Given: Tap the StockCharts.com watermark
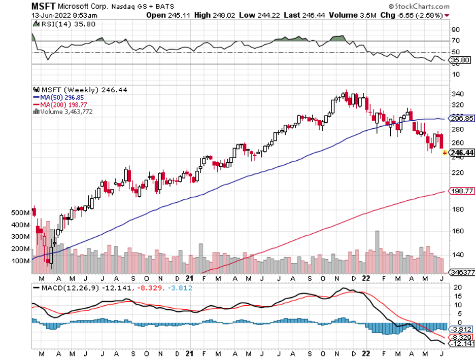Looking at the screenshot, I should (x=420, y=7).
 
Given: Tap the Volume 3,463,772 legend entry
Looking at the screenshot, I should (x=65, y=112).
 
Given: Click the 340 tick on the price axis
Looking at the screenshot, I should (x=458, y=94).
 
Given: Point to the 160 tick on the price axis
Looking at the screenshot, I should (x=458, y=231).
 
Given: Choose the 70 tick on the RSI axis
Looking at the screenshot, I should (x=456, y=41).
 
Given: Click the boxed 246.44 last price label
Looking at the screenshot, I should (x=461, y=152).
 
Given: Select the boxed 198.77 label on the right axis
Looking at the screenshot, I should (x=461, y=191).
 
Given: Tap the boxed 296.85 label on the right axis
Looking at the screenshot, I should (x=461, y=118).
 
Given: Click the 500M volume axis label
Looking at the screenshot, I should (x=20, y=213).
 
